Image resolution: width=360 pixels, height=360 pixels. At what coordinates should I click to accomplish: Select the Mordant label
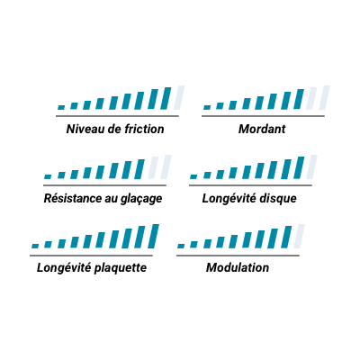click(262, 129)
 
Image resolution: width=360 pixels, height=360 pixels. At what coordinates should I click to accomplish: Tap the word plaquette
click(121, 268)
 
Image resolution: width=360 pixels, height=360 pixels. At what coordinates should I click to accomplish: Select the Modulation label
click(238, 267)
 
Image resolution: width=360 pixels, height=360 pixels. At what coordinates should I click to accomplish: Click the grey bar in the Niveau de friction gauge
click(179, 98)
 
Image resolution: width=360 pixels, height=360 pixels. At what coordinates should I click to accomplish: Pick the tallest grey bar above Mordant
click(325, 98)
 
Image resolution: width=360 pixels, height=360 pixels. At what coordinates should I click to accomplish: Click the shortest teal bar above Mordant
click(207, 107)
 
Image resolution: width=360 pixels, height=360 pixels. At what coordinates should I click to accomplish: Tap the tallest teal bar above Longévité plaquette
click(153, 237)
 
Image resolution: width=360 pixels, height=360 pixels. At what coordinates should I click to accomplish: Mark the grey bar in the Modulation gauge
click(299, 237)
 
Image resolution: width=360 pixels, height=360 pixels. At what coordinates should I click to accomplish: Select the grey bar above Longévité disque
click(311, 167)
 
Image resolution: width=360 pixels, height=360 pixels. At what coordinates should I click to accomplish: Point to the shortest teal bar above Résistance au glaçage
click(48, 176)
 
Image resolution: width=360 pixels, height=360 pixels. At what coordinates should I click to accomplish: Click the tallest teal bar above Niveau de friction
click(166, 98)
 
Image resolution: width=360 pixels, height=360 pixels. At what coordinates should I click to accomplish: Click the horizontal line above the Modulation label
click(238, 256)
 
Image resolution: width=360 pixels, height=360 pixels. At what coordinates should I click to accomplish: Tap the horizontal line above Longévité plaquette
click(91, 256)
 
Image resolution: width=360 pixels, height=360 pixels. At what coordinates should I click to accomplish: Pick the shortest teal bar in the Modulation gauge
click(181, 246)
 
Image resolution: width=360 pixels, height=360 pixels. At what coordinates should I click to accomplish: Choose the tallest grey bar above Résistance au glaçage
click(166, 167)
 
